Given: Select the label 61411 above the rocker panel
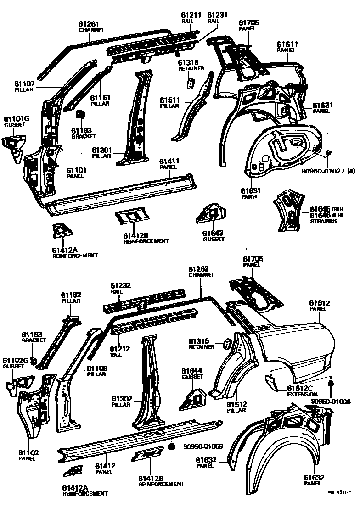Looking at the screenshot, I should click(169, 161).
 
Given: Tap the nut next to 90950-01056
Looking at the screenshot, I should click(171, 446).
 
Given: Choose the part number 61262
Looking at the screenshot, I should click(199, 269).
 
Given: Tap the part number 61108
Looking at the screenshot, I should click(97, 368).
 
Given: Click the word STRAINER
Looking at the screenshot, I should click(323, 221).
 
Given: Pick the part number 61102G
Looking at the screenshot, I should click(16, 361).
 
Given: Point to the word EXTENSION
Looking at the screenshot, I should click(302, 394).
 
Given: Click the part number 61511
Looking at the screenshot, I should click(169, 100).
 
